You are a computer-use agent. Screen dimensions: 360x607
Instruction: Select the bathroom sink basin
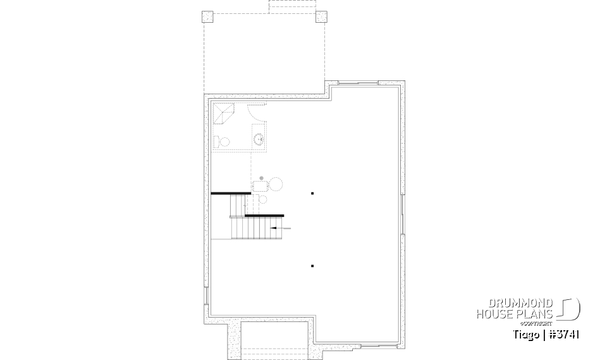tap(259, 138)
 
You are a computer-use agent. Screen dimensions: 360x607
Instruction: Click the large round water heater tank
tap(276, 184)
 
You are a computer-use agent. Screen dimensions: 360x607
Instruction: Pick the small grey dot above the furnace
tap(253, 178)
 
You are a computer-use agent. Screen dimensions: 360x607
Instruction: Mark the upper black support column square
tap(312, 193)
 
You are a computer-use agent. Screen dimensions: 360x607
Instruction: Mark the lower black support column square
tap(312, 266)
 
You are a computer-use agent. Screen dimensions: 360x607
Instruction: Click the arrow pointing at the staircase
tap(281, 227)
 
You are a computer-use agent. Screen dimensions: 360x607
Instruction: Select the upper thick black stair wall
tap(231, 194)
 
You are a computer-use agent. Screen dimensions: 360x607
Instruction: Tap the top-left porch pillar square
tap(208, 17)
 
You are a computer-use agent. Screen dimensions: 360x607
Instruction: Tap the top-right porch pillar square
tap(321, 17)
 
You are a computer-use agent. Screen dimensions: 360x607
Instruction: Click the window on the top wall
tap(359, 84)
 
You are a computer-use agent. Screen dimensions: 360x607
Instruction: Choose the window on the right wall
tap(403, 214)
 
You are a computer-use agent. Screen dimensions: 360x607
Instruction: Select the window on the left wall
tap(205, 297)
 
